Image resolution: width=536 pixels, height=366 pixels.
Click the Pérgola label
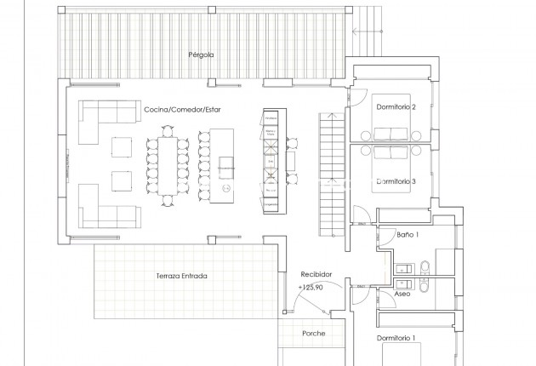[x=201, y=54]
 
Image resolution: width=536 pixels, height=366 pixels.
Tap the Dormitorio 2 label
[x=396, y=107]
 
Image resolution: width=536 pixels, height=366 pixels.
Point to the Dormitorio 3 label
[x=396, y=181]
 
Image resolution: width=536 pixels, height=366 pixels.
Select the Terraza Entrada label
[x=182, y=276]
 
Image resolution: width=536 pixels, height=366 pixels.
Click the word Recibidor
[x=316, y=275]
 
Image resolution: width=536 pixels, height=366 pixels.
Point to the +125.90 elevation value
[x=312, y=288]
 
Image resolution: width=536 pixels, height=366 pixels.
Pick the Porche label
[x=314, y=334]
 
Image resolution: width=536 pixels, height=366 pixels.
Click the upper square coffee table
[x=122, y=147]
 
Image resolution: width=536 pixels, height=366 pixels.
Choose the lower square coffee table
[x=122, y=181]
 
